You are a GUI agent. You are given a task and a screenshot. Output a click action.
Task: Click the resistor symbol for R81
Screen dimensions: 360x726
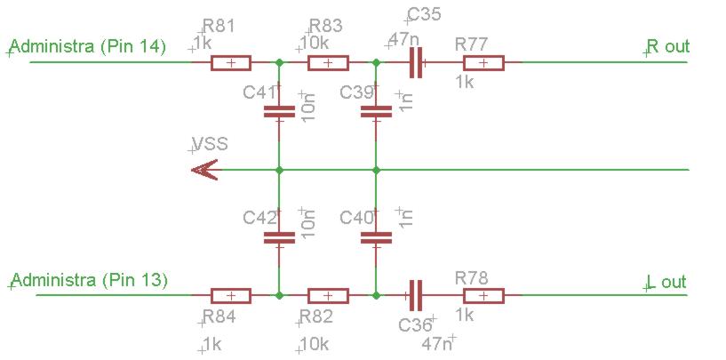231,63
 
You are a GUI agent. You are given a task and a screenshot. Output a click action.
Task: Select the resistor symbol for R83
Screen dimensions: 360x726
328,63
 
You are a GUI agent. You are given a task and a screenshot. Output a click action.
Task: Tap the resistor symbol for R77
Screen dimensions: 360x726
483,63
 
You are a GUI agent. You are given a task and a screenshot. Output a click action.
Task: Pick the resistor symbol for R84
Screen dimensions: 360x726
231,296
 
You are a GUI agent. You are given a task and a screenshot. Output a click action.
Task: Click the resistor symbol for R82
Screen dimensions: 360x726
328,296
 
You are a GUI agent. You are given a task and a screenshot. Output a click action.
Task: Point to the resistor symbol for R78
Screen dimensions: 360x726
483,296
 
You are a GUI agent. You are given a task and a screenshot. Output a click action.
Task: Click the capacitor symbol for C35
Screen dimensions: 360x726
414,63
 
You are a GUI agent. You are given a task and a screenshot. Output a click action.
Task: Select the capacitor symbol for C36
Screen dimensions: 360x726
414,296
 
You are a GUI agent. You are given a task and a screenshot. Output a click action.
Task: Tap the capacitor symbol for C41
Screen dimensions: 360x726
279,112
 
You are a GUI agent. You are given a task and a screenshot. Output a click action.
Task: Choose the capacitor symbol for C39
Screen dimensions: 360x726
376,112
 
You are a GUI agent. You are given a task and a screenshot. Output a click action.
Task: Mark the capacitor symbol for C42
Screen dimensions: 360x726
279,237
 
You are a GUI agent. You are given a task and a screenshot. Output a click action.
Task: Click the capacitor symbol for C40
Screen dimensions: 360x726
376,237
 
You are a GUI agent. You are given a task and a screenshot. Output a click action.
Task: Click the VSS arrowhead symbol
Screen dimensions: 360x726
205,169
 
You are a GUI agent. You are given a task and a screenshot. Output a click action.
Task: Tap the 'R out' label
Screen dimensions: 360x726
667,47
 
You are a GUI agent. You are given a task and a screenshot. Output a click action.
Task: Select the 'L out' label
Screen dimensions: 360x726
667,282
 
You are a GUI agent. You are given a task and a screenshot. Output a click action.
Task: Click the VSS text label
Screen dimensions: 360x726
210,144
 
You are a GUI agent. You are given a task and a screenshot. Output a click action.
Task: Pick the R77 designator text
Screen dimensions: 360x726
472,44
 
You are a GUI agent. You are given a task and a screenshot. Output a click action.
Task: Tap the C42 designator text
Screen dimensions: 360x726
260,218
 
